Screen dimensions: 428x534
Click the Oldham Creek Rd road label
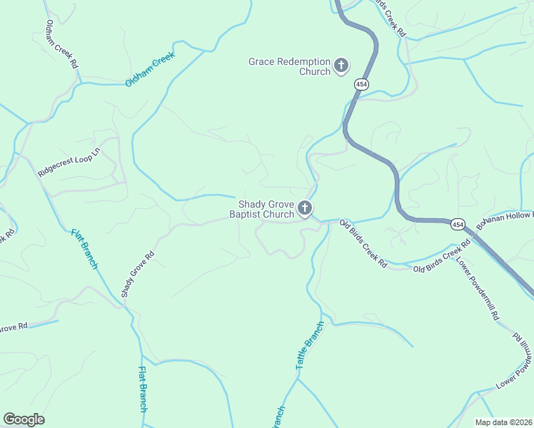(61, 44)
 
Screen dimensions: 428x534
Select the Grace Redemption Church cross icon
(341, 66)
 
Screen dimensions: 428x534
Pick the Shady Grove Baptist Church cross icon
(305, 209)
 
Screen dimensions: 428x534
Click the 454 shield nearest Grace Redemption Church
(361, 84)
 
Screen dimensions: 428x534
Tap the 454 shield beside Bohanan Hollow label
(458, 225)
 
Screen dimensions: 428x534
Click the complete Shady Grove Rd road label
(138, 274)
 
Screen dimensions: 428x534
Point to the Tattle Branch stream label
(310, 345)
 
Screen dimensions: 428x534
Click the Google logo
(24, 419)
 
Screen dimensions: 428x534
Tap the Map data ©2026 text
(503, 422)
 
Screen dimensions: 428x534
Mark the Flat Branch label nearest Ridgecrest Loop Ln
(84, 249)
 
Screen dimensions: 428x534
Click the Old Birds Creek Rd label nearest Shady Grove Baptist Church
(363, 244)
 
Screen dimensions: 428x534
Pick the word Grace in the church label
(262, 62)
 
